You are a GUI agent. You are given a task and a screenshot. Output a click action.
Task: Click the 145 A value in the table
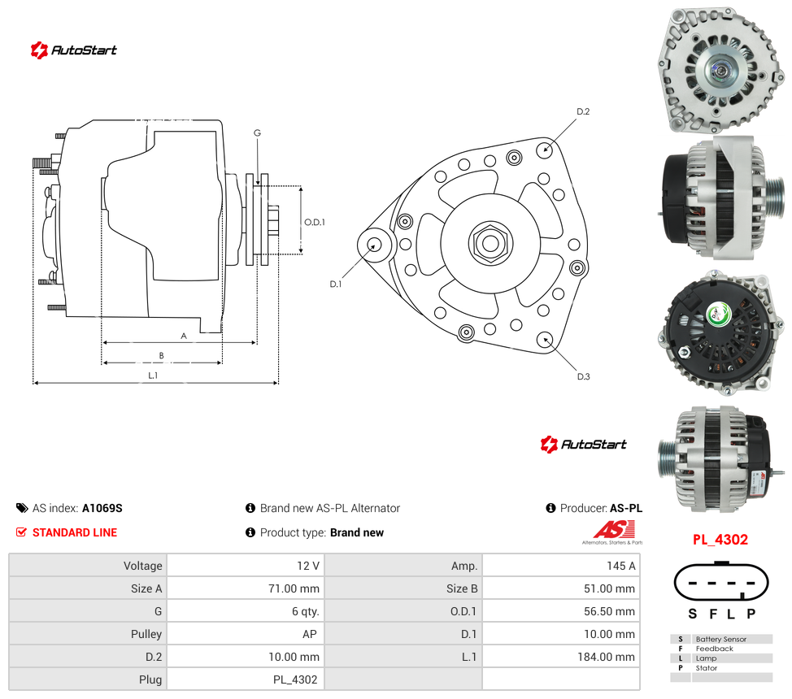[620, 566]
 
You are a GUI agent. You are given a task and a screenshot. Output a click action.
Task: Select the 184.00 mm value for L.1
[606, 657]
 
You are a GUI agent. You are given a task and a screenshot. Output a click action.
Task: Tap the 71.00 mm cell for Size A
[294, 588]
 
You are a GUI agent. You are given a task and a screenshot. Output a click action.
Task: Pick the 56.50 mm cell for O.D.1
[609, 611]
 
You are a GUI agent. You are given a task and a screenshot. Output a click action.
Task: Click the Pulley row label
[146, 634]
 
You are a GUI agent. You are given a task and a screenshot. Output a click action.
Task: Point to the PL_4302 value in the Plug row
[295, 679]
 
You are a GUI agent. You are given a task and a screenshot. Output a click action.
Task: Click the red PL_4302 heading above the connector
[720, 540]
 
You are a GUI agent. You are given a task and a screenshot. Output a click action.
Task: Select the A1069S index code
[102, 508]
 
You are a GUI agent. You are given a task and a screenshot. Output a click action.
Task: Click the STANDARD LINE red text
[75, 532]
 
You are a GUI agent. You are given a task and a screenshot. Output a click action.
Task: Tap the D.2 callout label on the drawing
[583, 111]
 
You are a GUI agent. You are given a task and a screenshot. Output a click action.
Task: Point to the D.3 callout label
[583, 376]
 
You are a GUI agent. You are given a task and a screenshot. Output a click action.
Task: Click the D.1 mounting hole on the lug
[374, 245]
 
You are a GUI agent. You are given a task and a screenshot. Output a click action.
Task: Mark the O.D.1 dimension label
[314, 222]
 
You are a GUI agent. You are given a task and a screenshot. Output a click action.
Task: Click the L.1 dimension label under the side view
[153, 376]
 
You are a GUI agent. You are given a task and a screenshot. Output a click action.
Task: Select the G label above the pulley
[257, 132]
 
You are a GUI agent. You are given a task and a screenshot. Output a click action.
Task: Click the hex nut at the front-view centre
[490, 244]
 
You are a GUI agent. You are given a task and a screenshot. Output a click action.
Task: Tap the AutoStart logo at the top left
[74, 50]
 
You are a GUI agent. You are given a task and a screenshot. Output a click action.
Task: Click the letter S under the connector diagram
[693, 614]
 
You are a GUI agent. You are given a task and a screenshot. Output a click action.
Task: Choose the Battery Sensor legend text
[720, 639]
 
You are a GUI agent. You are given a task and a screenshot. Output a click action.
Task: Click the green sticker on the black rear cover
[718, 315]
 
